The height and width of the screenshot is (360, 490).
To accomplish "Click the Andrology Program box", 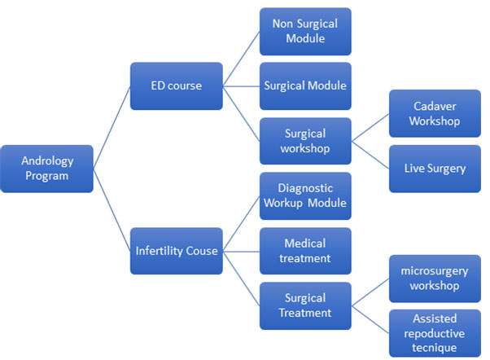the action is click(47, 169).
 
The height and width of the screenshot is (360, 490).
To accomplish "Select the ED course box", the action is click(177, 86).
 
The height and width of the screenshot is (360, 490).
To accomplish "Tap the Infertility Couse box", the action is click(177, 251).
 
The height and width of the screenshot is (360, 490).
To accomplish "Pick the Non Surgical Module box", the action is click(305, 32).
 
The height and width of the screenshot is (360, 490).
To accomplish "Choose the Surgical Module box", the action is click(305, 86).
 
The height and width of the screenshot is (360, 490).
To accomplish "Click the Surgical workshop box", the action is click(305, 141).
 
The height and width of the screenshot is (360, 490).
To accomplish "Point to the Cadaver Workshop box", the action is click(435, 113).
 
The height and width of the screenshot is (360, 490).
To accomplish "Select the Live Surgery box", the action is click(435, 169).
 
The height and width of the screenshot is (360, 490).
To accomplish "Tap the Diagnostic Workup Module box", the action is click(305, 195).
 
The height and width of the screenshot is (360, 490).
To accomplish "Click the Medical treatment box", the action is click(305, 251).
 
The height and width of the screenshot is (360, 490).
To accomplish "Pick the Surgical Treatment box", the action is click(305, 305).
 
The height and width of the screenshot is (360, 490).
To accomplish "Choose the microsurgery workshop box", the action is click(435, 279).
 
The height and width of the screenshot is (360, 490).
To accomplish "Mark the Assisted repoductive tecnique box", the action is click(435, 333).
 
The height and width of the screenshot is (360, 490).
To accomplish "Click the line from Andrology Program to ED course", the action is click(112, 127).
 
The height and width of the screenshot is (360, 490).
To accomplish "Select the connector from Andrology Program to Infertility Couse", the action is click(112, 210).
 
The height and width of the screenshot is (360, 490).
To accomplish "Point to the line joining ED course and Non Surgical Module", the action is click(241, 59).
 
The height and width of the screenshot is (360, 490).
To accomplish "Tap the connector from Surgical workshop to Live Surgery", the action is click(370, 155).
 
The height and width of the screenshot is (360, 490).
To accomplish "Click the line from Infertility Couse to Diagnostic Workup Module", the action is click(241, 223).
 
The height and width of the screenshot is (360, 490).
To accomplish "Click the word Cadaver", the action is click(435, 107).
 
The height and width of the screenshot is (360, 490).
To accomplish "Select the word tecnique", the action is click(434, 348).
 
